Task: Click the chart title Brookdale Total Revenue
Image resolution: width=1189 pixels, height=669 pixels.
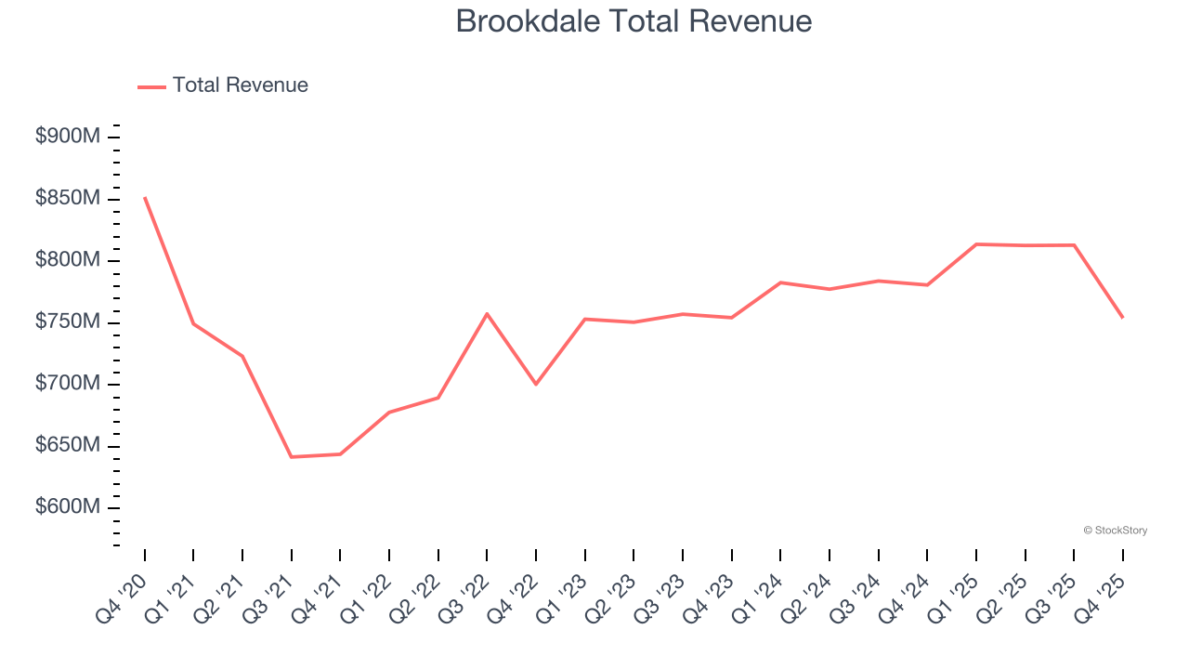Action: (x=634, y=21)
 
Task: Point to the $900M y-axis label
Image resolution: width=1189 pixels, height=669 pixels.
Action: (x=67, y=137)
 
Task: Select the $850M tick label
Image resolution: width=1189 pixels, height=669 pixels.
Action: (x=67, y=199)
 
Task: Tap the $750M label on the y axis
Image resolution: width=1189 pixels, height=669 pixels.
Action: (x=67, y=322)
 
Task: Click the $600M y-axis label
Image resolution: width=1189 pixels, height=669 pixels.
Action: (x=67, y=507)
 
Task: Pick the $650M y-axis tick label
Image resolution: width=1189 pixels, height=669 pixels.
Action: (x=67, y=446)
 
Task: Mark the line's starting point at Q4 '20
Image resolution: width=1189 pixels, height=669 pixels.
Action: (x=145, y=197)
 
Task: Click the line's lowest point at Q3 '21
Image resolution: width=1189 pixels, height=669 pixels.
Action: (x=292, y=457)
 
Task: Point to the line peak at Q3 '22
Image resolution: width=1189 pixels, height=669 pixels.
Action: (x=487, y=313)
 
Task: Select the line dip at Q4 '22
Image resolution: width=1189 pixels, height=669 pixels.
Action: (x=536, y=384)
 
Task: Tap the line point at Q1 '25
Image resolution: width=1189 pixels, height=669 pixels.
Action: (x=976, y=244)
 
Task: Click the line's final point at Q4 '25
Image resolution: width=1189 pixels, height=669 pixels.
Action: (x=1123, y=318)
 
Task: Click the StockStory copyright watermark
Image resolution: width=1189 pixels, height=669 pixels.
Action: (x=1115, y=531)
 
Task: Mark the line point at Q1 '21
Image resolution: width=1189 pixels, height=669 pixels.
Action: (x=193, y=323)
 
